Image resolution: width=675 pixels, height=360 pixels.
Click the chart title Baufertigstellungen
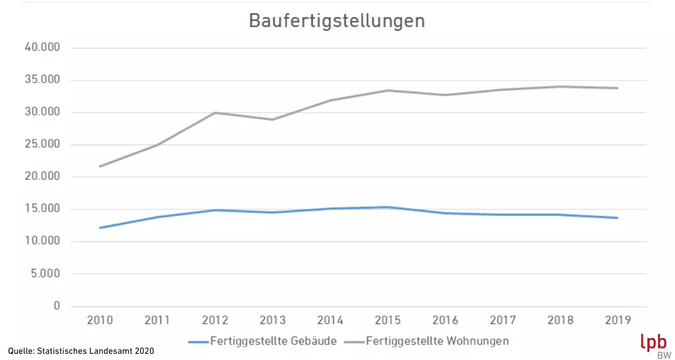point(336,21)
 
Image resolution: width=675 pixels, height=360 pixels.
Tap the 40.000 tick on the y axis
point(42,48)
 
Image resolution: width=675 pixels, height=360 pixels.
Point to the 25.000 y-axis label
point(42,145)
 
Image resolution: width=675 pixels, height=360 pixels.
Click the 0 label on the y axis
point(56,306)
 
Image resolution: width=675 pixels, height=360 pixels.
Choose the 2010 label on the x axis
point(100,321)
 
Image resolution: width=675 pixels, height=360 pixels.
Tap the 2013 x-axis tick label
point(272,321)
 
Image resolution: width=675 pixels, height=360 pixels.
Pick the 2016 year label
point(445,321)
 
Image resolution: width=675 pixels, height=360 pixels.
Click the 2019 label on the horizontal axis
point(618,321)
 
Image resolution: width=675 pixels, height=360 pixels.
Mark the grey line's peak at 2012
point(215,112)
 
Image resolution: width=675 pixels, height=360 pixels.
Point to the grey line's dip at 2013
point(272,119)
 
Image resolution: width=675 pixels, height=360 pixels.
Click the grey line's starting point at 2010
point(100,166)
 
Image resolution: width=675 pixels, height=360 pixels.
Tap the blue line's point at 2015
point(388,207)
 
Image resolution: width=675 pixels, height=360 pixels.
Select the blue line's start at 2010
point(100,228)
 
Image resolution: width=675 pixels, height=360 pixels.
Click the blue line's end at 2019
point(618,218)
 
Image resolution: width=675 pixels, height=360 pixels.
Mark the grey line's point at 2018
point(560,87)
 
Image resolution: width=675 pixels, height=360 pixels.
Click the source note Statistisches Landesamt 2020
point(80,351)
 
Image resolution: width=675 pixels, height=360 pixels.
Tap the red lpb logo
point(653,343)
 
